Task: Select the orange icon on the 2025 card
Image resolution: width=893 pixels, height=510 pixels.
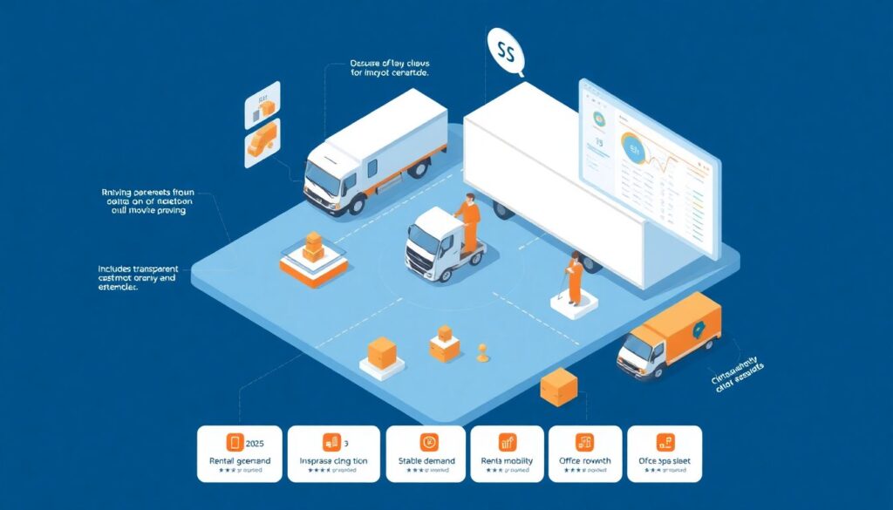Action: (234, 442)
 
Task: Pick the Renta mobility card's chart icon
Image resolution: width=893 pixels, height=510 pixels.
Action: (507, 442)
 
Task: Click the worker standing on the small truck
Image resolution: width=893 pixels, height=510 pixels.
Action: (470, 223)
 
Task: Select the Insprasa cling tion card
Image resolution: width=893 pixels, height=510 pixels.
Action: (333, 453)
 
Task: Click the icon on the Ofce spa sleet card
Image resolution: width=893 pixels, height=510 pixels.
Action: (664, 442)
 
